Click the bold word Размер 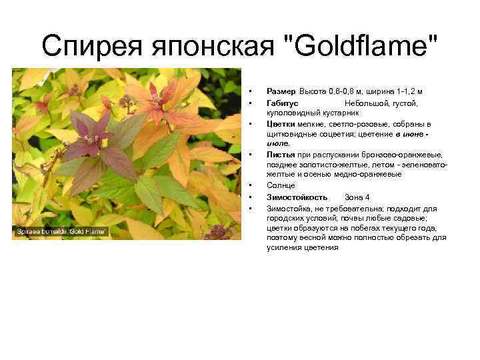(x=281, y=91)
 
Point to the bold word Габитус (x=283, y=103)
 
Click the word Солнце (x=281, y=185)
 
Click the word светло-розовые (x=361, y=124)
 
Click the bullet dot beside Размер (x=247, y=91)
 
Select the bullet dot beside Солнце (x=247, y=185)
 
